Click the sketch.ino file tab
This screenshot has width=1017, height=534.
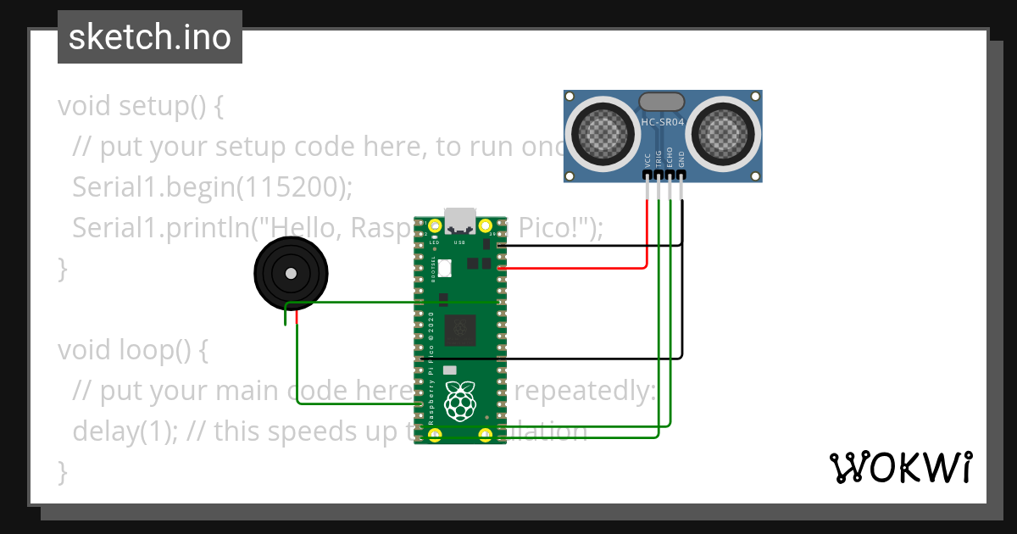click(x=149, y=37)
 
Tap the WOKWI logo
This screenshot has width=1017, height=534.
click(x=900, y=467)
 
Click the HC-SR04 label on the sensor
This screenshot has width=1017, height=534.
click(x=662, y=122)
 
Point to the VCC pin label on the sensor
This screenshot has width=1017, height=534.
click(x=647, y=159)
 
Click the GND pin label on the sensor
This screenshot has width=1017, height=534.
click(x=681, y=159)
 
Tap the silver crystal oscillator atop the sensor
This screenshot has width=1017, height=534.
click(x=661, y=102)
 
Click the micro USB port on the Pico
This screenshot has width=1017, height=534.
click(x=460, y=220)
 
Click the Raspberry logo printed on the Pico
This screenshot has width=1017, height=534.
click(x=460, y=400)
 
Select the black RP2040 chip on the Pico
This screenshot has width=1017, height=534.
click(x=460, y=328)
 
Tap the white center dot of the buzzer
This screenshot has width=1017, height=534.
click(x=291, y=273)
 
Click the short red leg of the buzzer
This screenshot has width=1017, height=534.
click(x=297, y=317)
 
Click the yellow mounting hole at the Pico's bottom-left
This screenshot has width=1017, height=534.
click(x=435, y=435)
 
